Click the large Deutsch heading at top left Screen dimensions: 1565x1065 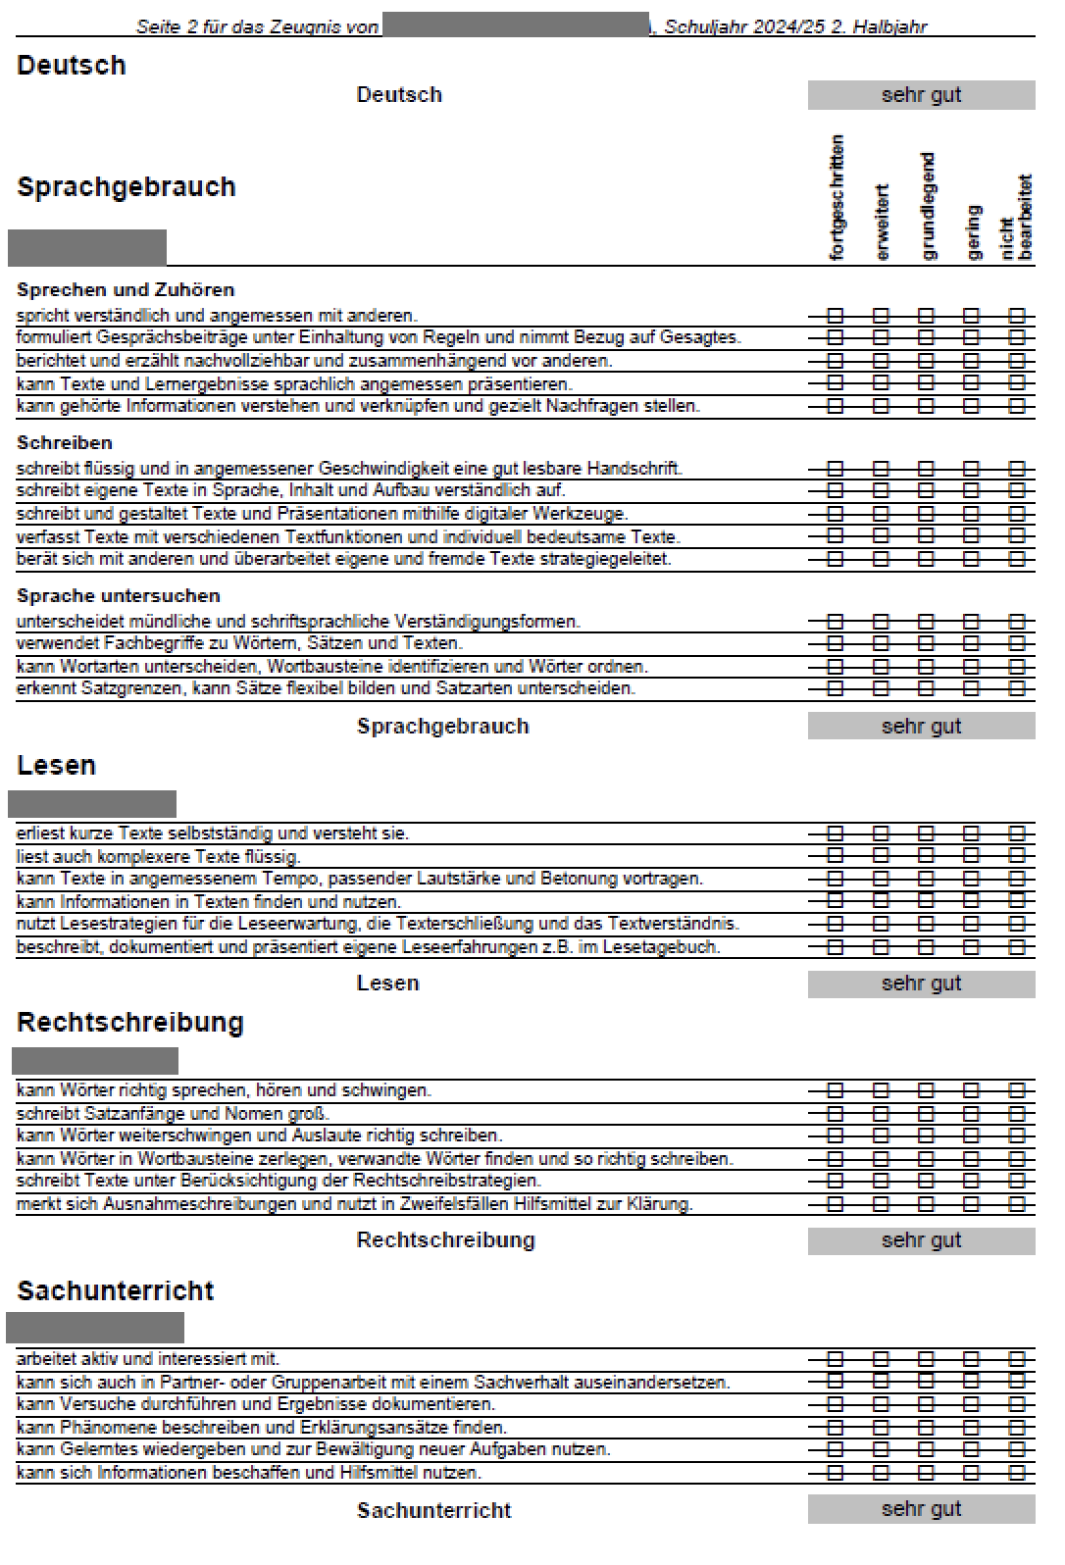(x=72, y=66)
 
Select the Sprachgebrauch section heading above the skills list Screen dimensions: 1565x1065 (x=127, y=187)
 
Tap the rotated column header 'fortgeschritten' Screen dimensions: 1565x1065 (x=837, y=197)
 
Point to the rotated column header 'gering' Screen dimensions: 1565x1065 (x=973, y=232)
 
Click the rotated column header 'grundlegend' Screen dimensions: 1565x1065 (x=928, y=206)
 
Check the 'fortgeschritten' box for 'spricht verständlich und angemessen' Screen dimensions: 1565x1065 (x=836, y=316)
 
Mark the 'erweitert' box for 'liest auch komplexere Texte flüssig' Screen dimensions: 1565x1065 (x=881, y=856)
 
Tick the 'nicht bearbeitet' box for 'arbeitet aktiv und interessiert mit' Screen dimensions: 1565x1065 (x=1017, y=1359)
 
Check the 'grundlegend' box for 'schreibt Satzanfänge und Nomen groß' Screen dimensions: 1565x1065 (x=926, y=1114)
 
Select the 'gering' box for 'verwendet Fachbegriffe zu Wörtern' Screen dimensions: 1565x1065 (x=971, y=643)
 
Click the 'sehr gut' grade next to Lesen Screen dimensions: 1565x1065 (x=921, y=984)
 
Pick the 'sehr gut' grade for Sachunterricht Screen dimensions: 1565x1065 (x=921, y=1509)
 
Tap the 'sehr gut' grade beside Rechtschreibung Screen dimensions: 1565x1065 (x=921, y=1240)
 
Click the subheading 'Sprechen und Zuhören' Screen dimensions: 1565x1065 (x=126, y=290)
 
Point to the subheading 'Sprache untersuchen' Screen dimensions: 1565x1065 (x=119, y=596)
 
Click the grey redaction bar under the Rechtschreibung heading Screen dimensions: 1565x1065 (x=95, y=1061)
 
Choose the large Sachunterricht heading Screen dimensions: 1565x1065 (x=116, y=1290)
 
